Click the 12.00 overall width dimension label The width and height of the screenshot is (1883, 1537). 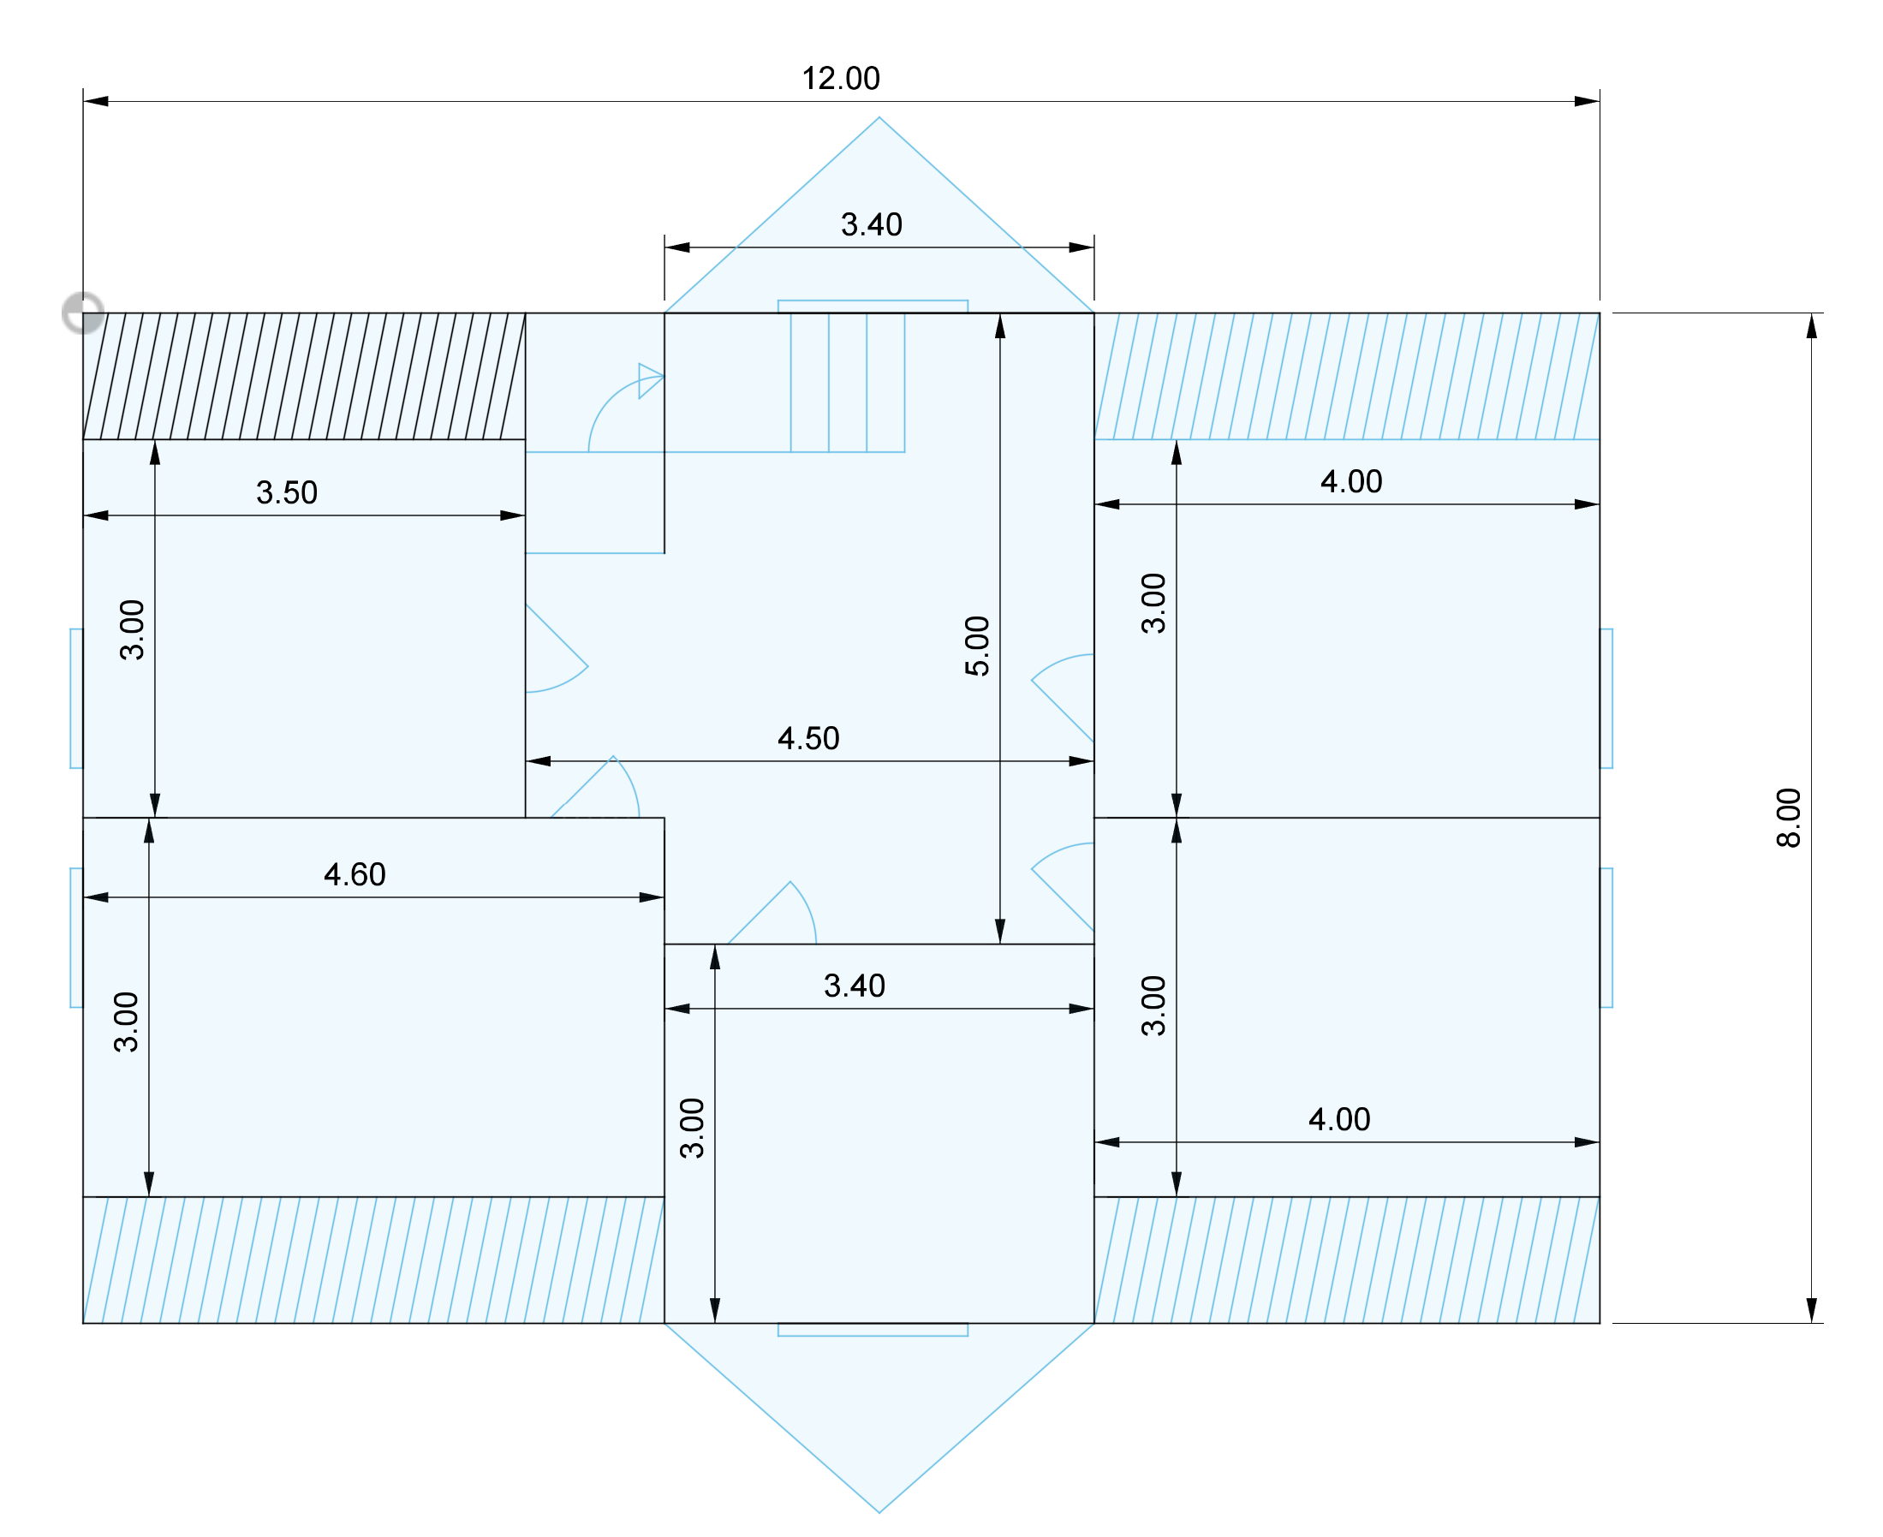pos(840,79)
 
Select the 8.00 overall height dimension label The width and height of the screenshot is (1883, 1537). pos(1788,817)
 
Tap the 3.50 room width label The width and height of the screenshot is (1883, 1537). pos(287,492)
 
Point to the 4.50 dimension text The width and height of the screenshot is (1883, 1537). pos(808,738)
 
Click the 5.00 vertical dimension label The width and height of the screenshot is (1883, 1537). pos(977,646)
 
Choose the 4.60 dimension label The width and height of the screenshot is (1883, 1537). pos(355,875)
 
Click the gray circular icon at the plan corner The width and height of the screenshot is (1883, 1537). pos(83,313)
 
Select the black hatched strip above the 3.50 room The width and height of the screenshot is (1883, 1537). pos(304,376)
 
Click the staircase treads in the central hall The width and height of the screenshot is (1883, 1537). pos(847,383)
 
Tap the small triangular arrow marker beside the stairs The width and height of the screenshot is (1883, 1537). pos(649,380)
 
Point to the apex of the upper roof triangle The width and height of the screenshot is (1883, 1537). pos(879,119)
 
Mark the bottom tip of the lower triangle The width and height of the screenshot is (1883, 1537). pos(879,1511)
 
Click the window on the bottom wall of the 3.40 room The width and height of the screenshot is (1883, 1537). pos(873,1330)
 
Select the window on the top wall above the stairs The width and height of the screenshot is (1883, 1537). pos(873,307)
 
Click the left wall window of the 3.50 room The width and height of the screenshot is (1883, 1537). pos(77,699)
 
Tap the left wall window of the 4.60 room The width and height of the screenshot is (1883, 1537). pos(77,938)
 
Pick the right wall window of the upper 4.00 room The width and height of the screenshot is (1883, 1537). pos(1606,699)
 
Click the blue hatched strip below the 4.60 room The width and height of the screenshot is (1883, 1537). pos(372,1260)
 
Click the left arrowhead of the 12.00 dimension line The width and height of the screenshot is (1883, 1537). pos(96,101)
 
